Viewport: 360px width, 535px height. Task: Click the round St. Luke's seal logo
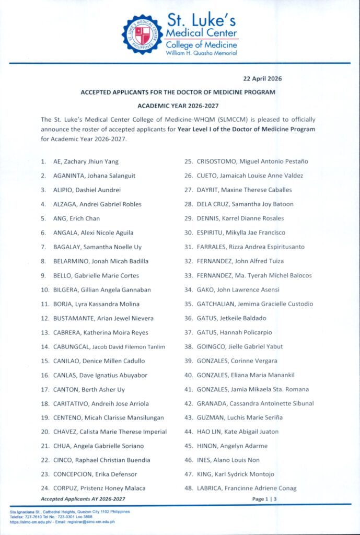pos(142,36)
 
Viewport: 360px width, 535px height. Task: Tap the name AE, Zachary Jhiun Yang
pos(87,162)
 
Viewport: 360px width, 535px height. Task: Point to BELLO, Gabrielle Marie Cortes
pos(96,275)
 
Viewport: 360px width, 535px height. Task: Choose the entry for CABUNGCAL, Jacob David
pos(109,347)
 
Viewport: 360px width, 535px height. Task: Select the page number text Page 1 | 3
pos(264,499)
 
